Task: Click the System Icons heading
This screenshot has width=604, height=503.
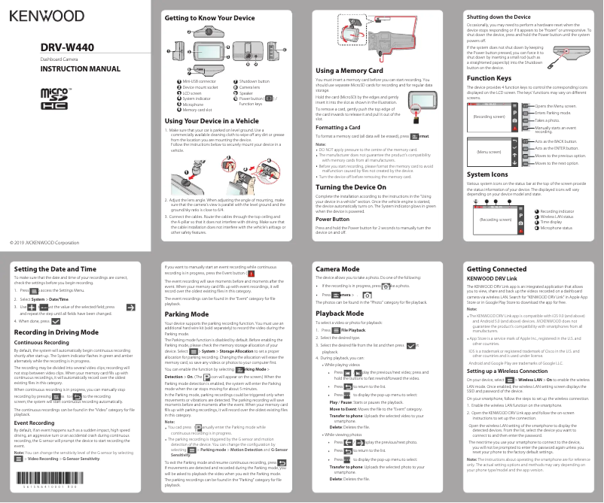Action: [x=488, y=174]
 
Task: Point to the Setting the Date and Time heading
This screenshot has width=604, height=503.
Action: [x=56, y=268]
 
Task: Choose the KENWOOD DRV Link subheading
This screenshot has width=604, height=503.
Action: [x=492, y=277]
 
